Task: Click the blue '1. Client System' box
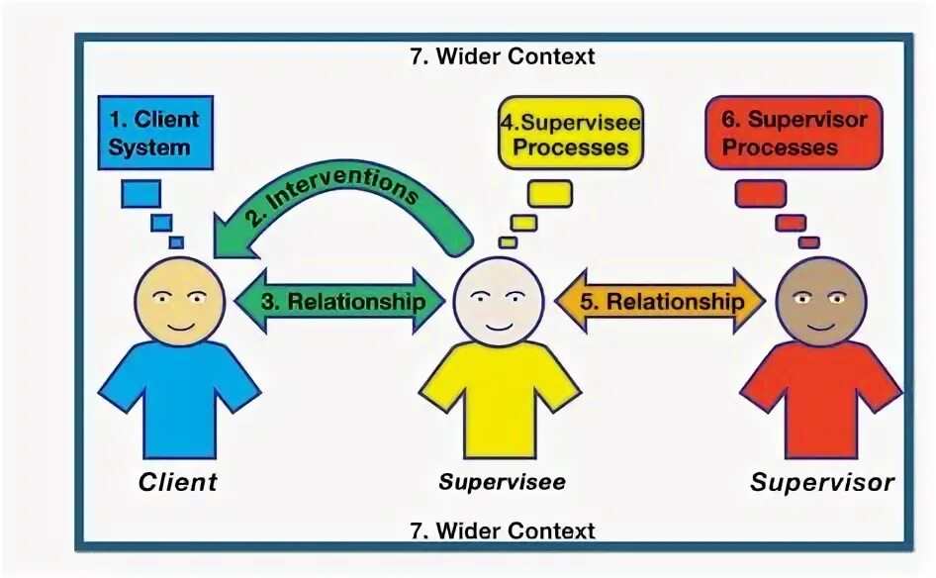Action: click(155, 133)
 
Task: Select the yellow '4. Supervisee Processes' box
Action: click(571, 134)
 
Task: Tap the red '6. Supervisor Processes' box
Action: click(793, 133)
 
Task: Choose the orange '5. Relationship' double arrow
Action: click(661, 301)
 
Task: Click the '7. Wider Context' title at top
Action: click(502, 56)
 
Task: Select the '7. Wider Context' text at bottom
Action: click(502, 530)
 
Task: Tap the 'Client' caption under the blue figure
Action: click(178, 482)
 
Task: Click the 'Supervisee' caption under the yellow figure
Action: click(502, 482)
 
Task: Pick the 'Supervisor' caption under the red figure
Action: click(821, 482)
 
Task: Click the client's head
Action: click(179, 302)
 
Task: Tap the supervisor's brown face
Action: click(821, 302)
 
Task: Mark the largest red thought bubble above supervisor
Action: click(761, 192)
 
